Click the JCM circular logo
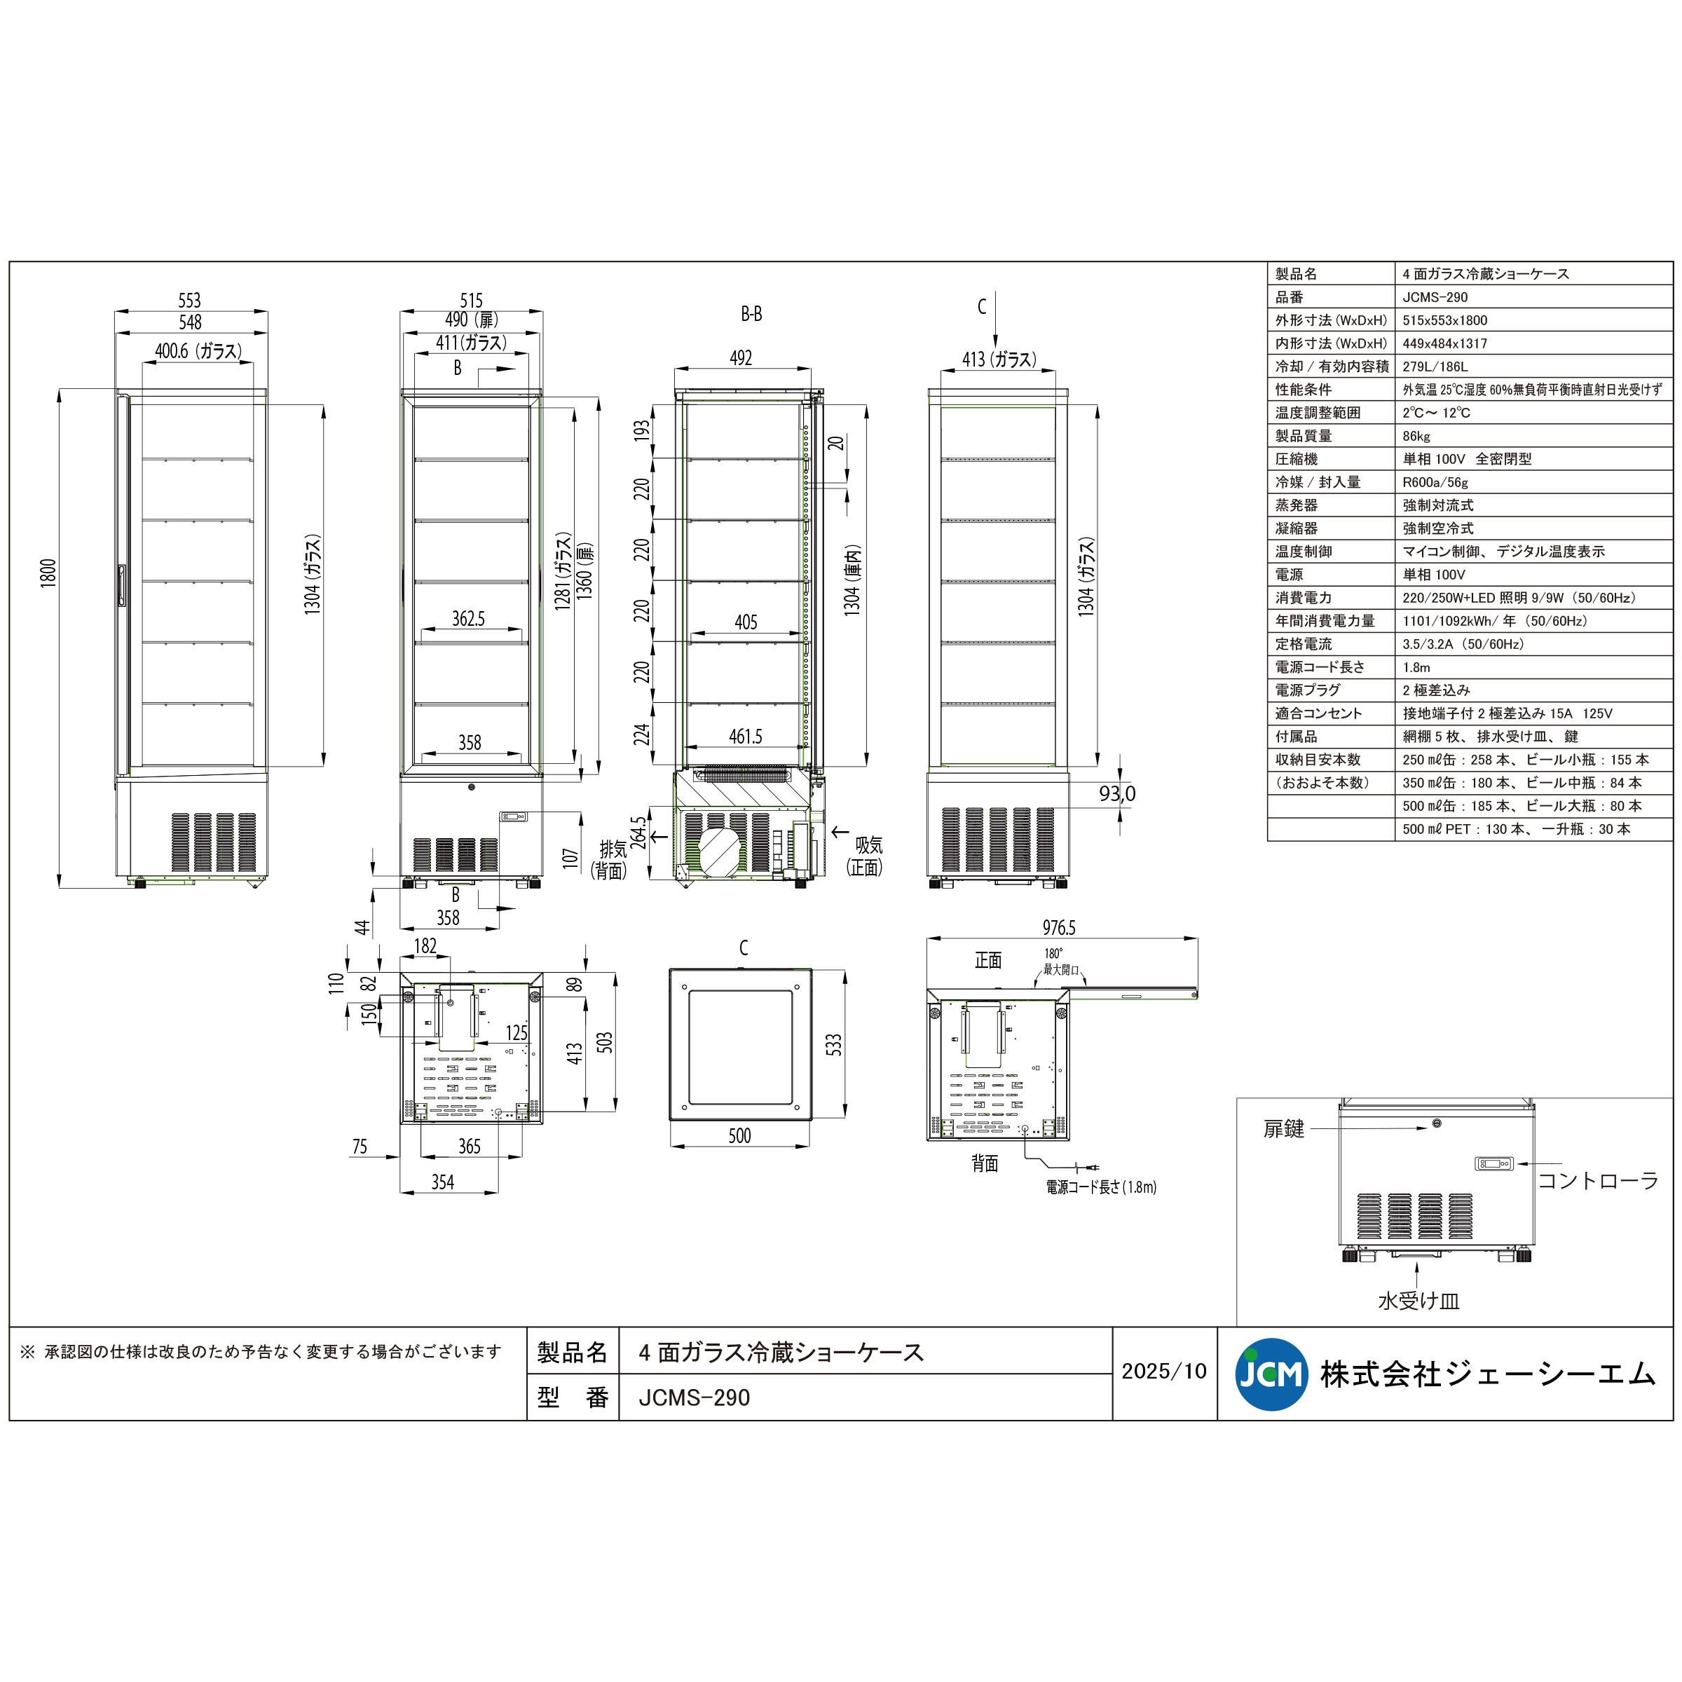[1271, 1374]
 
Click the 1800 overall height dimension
[48, 573]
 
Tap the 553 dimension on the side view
[190, 301]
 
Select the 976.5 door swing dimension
[1059, 927]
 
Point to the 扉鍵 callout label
[1283, 1129]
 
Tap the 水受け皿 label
[1418, 1301]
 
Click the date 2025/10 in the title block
[1164, 1372]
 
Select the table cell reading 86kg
[1416, 436]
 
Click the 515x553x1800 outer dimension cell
[1444, 320]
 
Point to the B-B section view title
[751, 313]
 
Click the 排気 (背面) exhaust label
[610, 859]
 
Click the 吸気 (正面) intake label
[866, 856]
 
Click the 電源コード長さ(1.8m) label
[1100, 1187]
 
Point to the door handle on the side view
[122, 585]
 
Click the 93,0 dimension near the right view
[1117, 793]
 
